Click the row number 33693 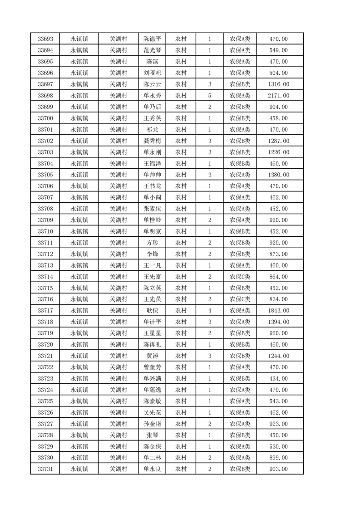tap(45, 39)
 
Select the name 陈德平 tap(152, 39)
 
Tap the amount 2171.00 tap(278, 96)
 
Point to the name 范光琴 tap(152, 50)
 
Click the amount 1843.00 tap(278, 311)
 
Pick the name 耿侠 tap(152, 311)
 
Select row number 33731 tap(45, 469)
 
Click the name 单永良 tap(152, 469)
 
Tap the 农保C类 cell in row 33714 tap(240, 277)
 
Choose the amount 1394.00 tap(278, 322)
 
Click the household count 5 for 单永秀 tap(210, 96)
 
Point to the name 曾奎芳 tap(152, 367)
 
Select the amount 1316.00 tap(278, 84)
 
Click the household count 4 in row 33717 tap(210, 311)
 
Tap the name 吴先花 tap(152, 412)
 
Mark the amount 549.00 tap(278, 50)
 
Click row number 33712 tap(45, 254)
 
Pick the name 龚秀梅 tap(152, 141)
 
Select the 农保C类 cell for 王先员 tap(240, 299)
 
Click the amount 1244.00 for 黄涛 tap(278, 356)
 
